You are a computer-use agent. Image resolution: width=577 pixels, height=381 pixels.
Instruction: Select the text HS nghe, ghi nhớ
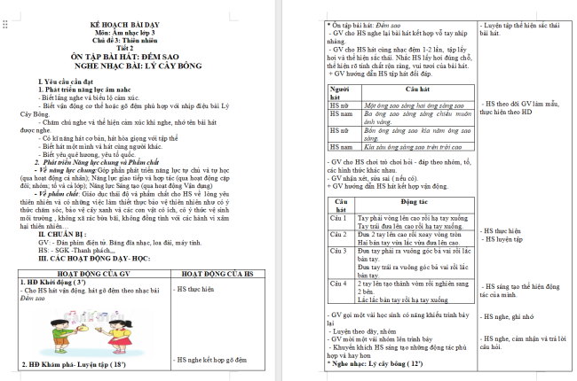tap(510, 315)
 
